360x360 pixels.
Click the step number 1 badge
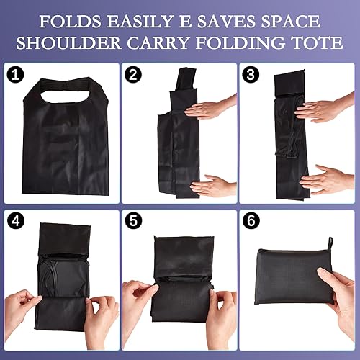pos(16,75)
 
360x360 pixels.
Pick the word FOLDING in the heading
pos(252,43)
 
